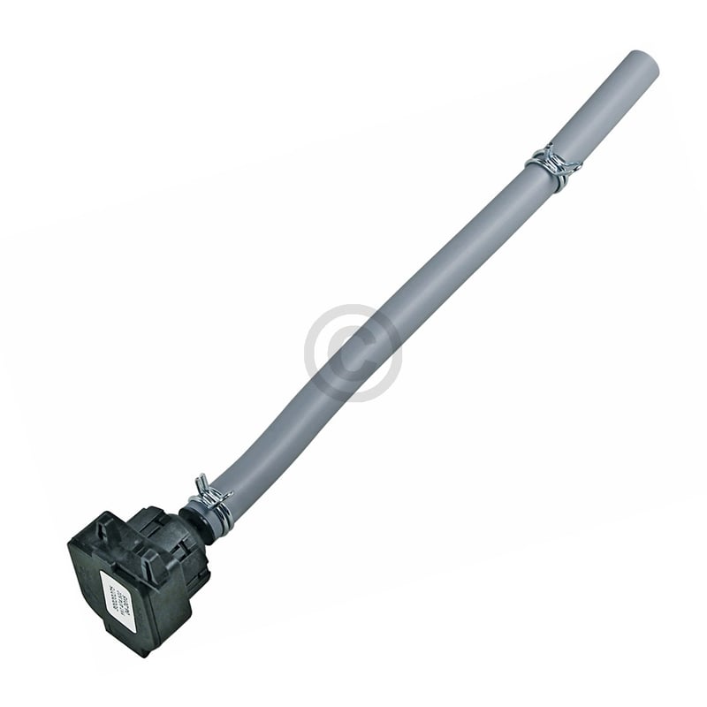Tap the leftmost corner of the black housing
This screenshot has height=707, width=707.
[x=71, y=546]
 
